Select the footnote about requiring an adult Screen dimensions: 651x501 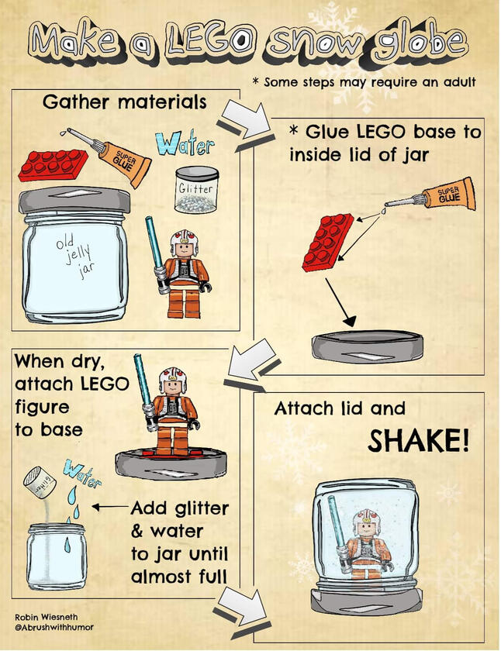pyautogui.click(x=363, y=81)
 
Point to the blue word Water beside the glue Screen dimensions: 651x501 pyautogui.click(x=185, y=146)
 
